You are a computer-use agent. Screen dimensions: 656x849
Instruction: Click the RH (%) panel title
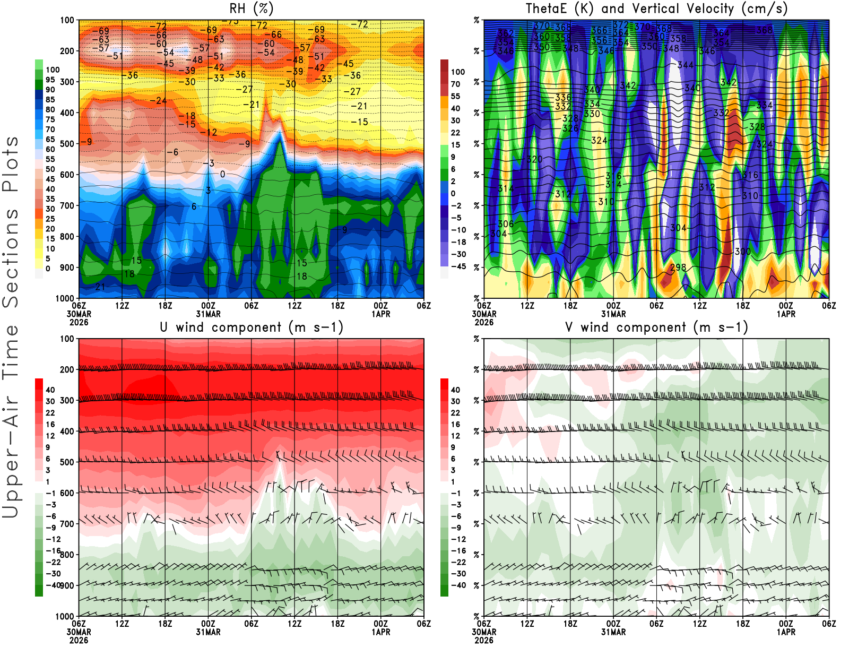252,8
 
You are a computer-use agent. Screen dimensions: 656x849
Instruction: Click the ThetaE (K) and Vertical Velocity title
656,8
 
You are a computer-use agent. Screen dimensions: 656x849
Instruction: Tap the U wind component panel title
252,327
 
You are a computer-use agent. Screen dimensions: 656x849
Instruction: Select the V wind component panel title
656,327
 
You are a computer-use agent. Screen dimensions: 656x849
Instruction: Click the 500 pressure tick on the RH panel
67,143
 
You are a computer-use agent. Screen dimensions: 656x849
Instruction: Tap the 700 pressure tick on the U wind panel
67,524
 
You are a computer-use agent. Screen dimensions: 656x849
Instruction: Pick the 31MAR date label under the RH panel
208,314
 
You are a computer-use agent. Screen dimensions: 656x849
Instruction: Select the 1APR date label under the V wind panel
786,632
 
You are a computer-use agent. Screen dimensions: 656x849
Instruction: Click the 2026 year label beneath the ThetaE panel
484,322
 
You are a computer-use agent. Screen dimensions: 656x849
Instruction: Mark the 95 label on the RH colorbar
50,80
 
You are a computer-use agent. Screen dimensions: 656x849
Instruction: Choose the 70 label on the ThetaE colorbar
455,84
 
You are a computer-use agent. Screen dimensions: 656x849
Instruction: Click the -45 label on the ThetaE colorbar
458,266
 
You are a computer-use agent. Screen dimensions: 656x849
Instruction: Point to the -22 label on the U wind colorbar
53,562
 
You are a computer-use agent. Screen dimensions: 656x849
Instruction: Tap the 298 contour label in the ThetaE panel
678,267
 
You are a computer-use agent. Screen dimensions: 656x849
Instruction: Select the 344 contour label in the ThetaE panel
686,65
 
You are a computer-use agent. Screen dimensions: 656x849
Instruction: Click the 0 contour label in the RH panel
222,174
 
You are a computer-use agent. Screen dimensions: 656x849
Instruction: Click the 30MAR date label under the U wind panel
79,632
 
